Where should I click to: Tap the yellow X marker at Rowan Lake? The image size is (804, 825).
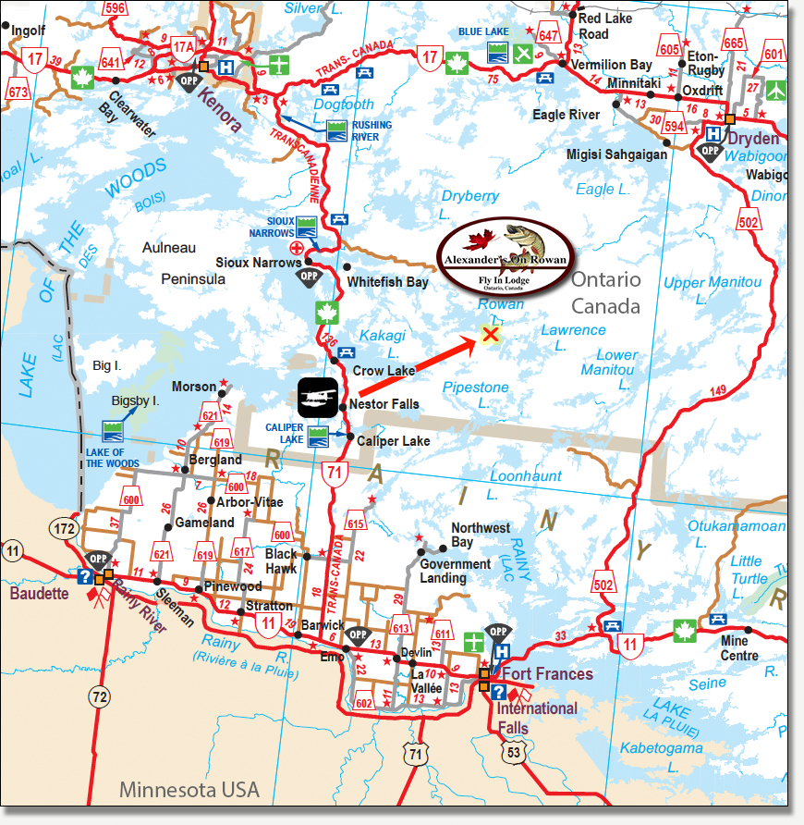(x=491, y=335)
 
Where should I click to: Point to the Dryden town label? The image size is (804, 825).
(x=753, y=138)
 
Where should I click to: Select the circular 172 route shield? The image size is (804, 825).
(x=64, y=528)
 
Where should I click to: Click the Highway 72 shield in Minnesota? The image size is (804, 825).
(x=99, y=694)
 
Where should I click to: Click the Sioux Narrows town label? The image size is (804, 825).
(x=258, y=263)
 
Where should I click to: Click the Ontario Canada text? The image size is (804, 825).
(x=605, y=292)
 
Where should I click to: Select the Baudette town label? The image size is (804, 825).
(x=40, y=593)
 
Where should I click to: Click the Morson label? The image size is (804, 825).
(x=194, y=387)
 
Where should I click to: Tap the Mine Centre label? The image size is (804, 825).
(x=739, y=648)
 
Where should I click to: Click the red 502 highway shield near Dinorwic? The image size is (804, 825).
(x=749, y=222)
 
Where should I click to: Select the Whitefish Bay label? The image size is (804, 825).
(x=387, y=282)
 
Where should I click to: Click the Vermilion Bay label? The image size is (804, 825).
(x=612, y=65)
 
